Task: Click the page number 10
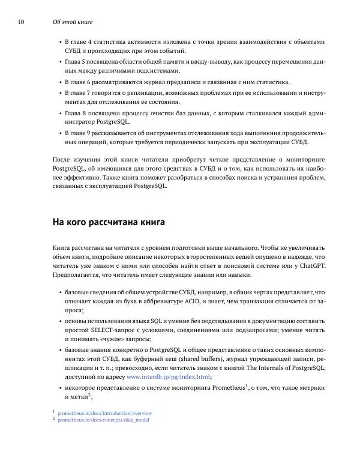click(21, 22)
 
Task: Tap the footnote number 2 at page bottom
click(54, 419)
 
